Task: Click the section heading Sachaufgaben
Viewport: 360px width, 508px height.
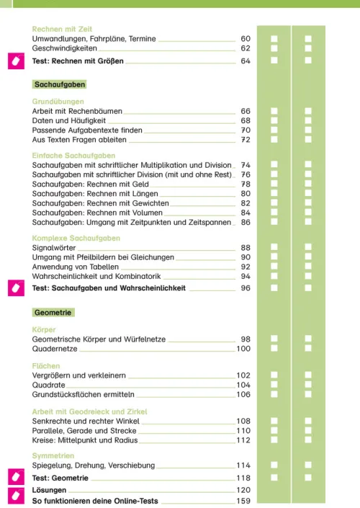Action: (x=60, y=84)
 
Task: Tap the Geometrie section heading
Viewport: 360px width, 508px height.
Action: (x=53, y=312)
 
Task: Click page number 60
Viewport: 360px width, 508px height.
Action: (x=245, y=38)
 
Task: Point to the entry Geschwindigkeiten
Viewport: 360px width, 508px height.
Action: (x=68, y=48)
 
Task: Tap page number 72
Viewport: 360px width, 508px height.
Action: (x=245, y=140)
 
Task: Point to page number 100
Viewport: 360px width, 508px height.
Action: (x=243, y=349)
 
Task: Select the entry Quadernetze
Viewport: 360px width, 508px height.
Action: (x=54, y=349)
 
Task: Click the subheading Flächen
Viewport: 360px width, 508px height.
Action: (x=47, y=366)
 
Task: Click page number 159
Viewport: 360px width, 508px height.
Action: (x=243, y=501)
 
